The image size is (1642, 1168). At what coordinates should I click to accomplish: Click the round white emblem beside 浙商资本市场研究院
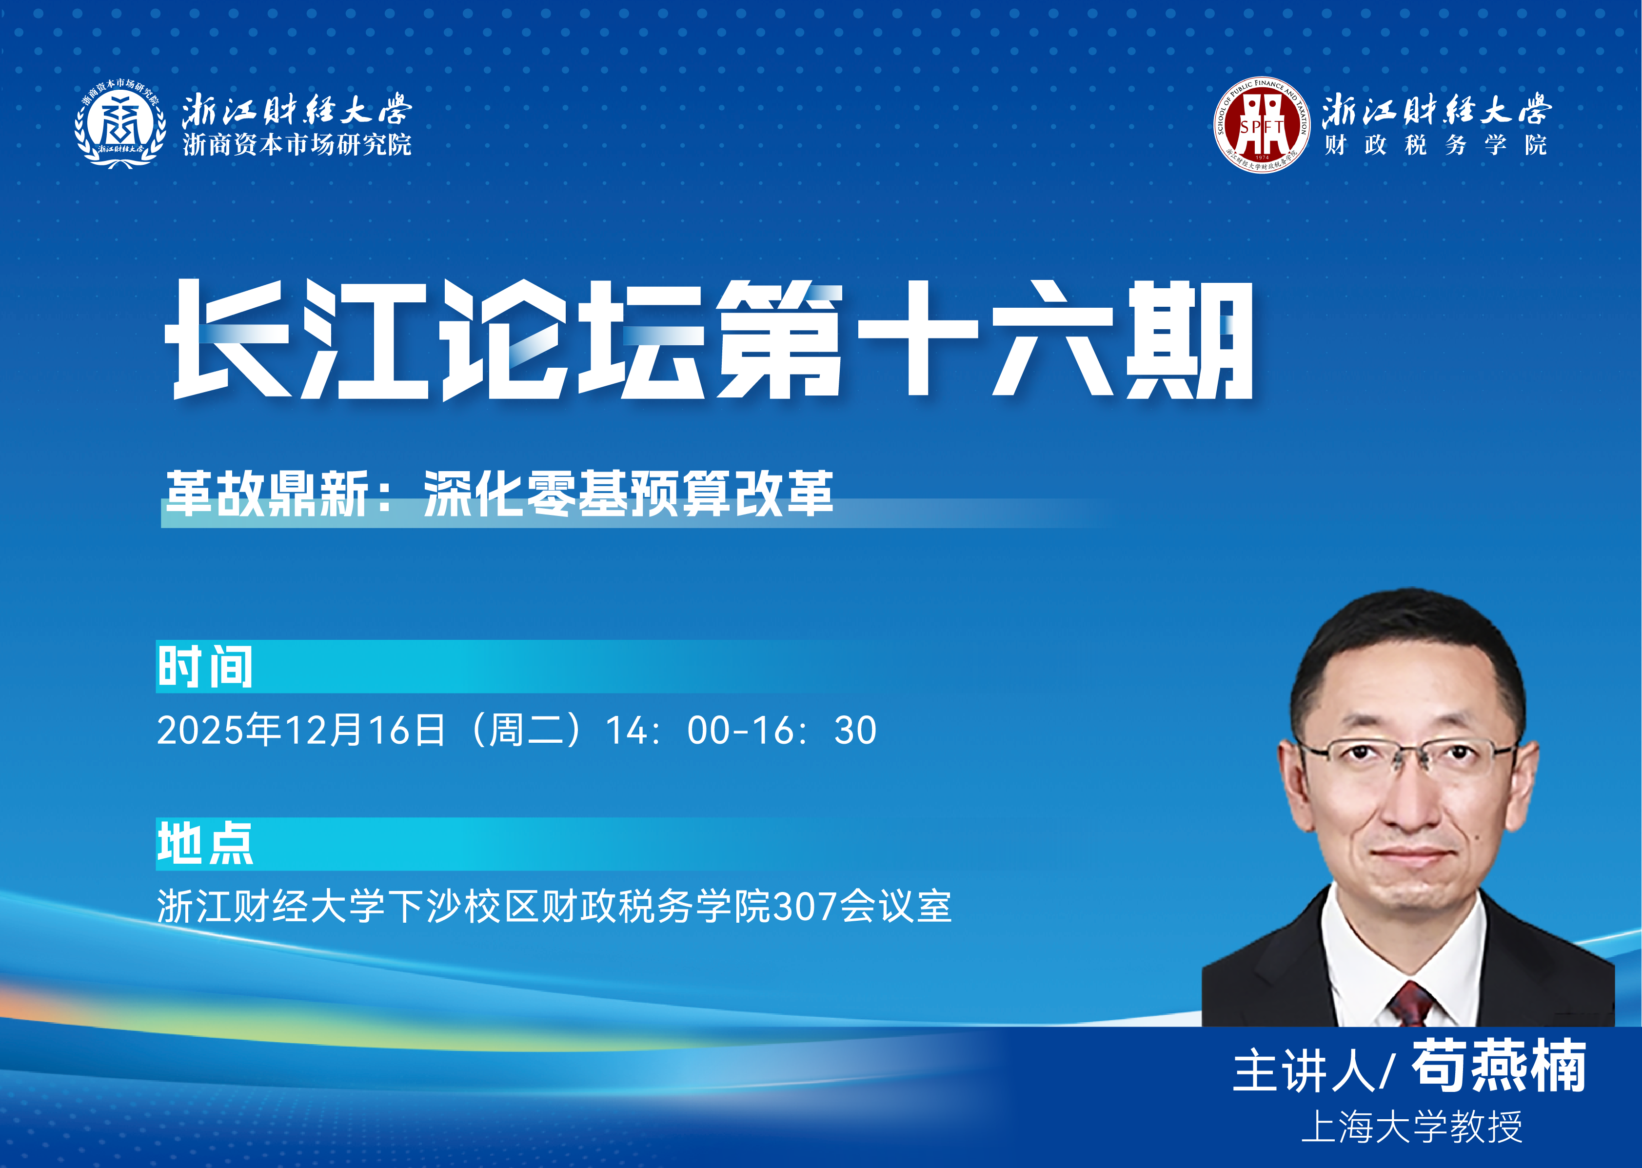[119, 124]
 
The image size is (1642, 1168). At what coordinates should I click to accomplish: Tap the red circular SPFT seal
[1262, 124]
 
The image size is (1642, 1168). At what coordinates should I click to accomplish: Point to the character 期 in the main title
[1189, 339]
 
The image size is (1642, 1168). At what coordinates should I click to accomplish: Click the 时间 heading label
[205, 667]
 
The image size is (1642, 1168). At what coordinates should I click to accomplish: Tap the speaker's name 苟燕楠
[1499, 1066]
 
